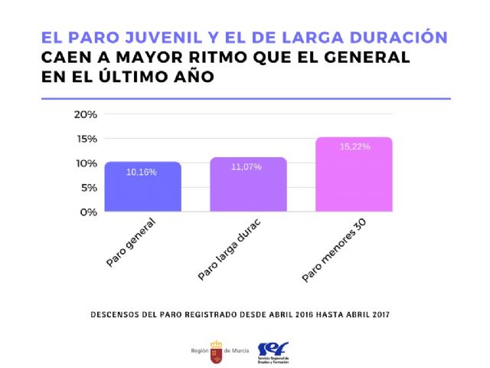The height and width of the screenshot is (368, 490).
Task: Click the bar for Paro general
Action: click(143, 186)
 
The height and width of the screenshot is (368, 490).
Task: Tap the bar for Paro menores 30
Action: click(354, 174)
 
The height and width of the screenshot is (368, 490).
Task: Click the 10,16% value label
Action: click(142, 172)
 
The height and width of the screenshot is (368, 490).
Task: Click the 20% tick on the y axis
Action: click(85, 114)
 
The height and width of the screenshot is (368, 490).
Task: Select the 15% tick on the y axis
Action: click(85, 139)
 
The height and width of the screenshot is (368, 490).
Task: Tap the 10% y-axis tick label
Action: click(85, 163)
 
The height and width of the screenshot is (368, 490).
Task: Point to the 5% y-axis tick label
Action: click(88, 188)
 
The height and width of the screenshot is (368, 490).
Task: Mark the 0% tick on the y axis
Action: click(88, 212)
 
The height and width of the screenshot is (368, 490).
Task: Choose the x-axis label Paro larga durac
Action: click(227, 248)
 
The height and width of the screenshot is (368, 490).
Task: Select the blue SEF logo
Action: click(273, 350)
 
